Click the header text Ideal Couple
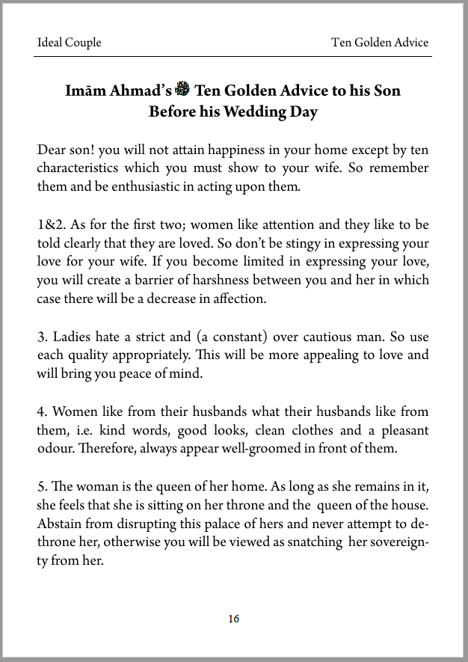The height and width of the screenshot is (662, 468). click(x=69, y=43)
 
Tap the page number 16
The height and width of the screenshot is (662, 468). click(x=234, y=619)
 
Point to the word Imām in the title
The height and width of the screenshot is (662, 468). click(x=86, y=91)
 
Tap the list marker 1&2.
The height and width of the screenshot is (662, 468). click(x=51, y=224)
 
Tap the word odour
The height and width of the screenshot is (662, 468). click(x=55, y=448)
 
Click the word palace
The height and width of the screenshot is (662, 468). click(x=205, y=522)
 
